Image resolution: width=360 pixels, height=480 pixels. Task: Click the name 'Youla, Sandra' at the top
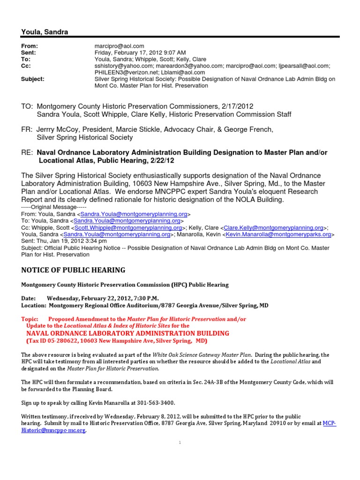click(x=45, y=32)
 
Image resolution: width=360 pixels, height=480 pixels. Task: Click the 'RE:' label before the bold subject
click(x=26, y=152)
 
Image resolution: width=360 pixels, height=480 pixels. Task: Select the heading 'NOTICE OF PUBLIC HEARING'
click(x=73, y=270)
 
